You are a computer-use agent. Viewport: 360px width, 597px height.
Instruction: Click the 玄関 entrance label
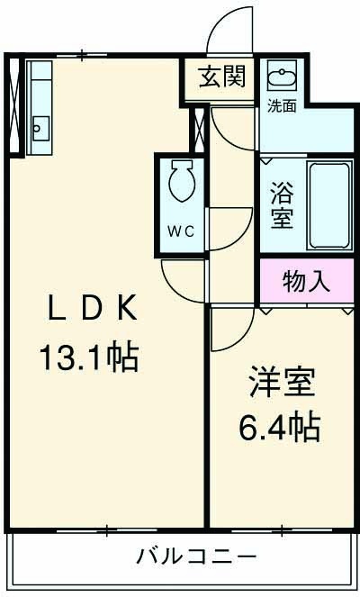click(x=222, y=77)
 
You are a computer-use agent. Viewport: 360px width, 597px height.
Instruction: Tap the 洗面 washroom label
click(x=281, y=105)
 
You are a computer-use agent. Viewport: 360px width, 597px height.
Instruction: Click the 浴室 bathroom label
click(x=282, y=204)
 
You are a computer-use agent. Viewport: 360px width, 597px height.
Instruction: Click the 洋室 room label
click(x=282, y=383)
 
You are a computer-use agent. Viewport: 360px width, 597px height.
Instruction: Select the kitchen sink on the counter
click(x=40, y=124)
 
